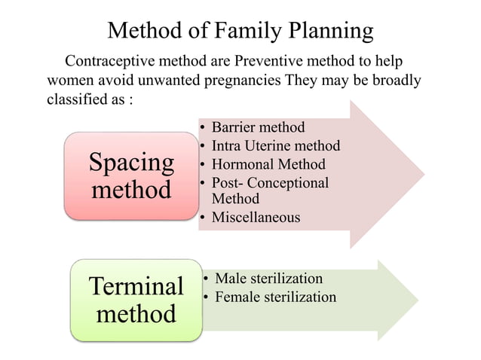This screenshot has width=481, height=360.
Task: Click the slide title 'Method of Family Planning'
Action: pyautogui.click(x=240, y=31)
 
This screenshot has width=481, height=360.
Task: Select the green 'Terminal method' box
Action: pyautogui.click(x=136, y=299)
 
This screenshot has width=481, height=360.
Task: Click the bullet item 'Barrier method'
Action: pyautogui.click(x=258, y=127)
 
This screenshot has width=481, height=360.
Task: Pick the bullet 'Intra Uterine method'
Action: pyautogui.click(x=275, y=145)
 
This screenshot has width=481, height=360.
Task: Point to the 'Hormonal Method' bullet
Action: pyautogui.click(x=268, y=163)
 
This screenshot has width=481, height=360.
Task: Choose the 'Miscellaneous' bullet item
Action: pyautogui.click(x=256, y=218)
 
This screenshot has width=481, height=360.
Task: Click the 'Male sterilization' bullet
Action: pyautogui.click(x=268, y=278)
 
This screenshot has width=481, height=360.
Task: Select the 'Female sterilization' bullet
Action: pyautogui.click(x=275, y=297)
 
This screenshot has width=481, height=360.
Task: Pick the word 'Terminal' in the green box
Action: pyautogui.click(x=136, y=286)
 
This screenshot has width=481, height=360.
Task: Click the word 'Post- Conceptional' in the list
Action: pyautogui.click(x=270, y=182)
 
